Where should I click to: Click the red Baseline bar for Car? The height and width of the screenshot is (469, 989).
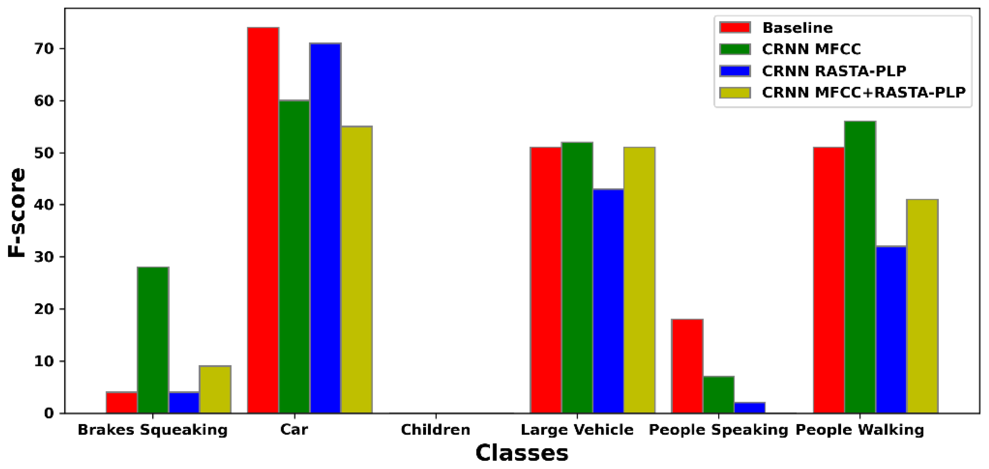pyautogui.click(x=263, y=220)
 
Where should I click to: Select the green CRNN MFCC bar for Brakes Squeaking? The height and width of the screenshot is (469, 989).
pyautogui.click(x=153, y=340)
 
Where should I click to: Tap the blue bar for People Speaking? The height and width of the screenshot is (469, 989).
pyautogui.click(x=750, y=407)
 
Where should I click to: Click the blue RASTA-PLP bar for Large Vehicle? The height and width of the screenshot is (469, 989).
pyautogui.click(x=608, y=301)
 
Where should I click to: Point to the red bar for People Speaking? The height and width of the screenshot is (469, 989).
pyautogui.click(x=687, y=366)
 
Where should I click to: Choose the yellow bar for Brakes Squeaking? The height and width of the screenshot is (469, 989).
pyautogui.click(x=215, y=389)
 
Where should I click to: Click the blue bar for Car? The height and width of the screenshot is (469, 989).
pyautogui.click(x=325, y=228)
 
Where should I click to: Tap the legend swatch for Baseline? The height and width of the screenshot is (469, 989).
pyautogui.click(x=735, y=28)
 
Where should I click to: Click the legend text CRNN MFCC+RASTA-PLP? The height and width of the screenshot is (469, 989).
pyautogui.click(x=863, y=92)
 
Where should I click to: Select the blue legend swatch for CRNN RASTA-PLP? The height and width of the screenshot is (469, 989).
pyautogui.click(x=735, y=71)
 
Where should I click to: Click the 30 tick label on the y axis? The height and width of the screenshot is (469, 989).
pyautogui.click(x=43, y=257)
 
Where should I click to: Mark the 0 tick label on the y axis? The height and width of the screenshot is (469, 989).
pyautogui.click(x=49, y=413)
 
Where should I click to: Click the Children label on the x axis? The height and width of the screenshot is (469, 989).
pyautogui.click(x=435, y=430)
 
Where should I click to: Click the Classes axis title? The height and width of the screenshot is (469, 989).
pyautogui.click(x=521, y=453)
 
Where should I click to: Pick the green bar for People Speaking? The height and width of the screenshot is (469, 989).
pyautogui.click(x=718, y=395)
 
